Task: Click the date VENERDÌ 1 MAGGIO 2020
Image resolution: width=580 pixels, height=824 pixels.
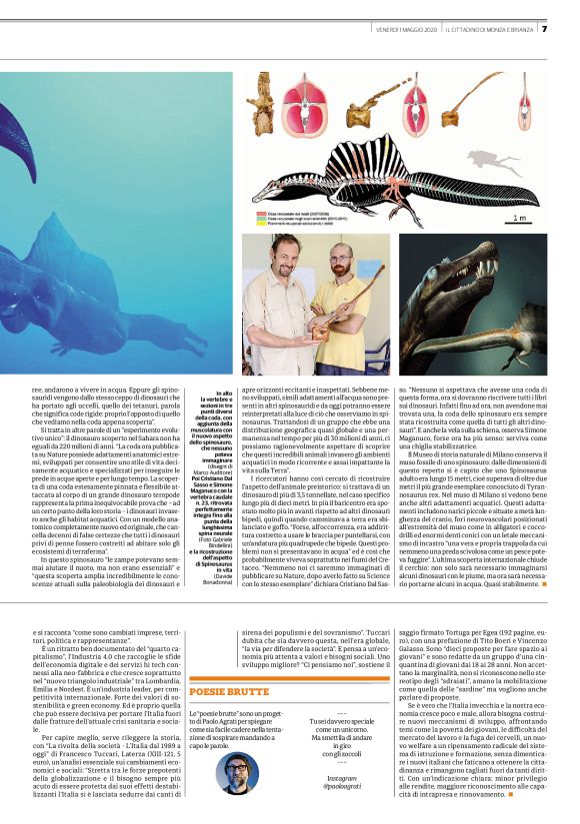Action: coord(404,29)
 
